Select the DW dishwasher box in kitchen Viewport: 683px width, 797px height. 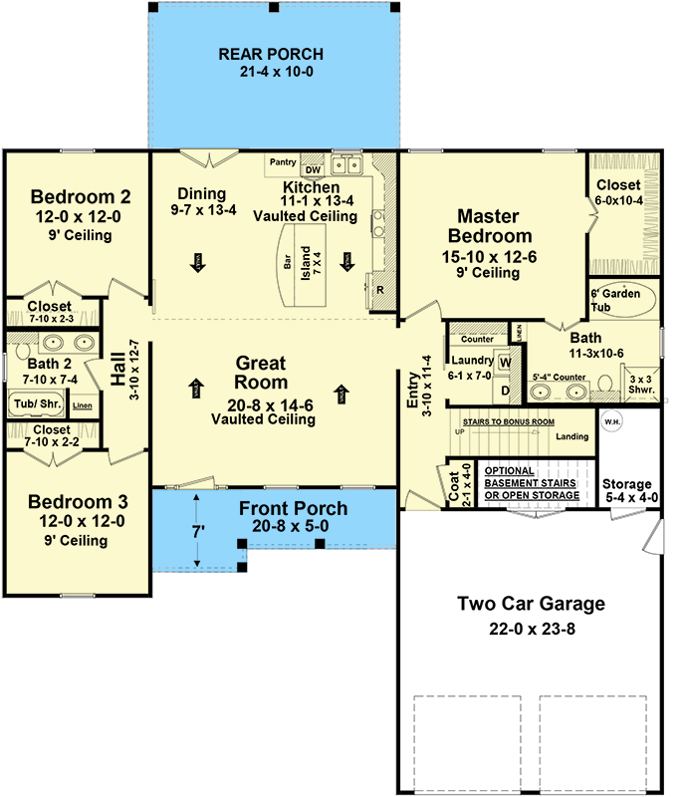pos(313,169)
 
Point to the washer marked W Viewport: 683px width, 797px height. pos(504,362)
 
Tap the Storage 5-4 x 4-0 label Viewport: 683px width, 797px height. pos(629,491)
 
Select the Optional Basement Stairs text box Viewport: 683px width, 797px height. pos(530,482)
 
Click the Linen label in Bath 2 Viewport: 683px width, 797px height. pos(83,405)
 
